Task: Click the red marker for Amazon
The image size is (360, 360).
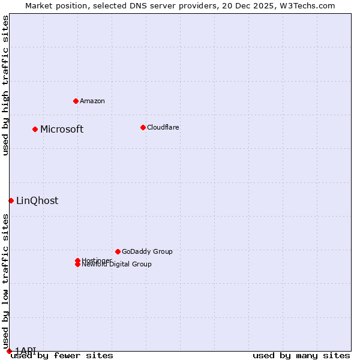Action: (76, 101)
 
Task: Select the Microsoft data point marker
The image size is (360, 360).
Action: (35, 129)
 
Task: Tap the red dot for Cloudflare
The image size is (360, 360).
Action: (143, 127)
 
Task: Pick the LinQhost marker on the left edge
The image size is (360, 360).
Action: (11, 200)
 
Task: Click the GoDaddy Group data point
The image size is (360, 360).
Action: (118, 251)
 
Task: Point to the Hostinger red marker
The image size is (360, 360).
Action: (77, 260)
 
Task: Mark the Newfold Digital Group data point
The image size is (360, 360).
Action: (77, 265)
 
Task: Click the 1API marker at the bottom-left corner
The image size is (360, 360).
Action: (9, 351)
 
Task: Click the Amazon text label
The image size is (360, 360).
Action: (92, 101)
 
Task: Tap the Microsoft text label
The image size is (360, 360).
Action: (62, 129)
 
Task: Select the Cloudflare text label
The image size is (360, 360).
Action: (163, 127)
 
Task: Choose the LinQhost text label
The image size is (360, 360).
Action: (37, 200)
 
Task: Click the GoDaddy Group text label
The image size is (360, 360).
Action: (147, 251)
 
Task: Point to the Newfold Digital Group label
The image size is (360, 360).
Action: (117, 265)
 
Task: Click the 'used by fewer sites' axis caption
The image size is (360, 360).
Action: (62, 355)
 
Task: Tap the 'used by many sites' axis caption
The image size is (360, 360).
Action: (301, 355)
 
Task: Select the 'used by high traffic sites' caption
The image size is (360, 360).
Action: (5, 85)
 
